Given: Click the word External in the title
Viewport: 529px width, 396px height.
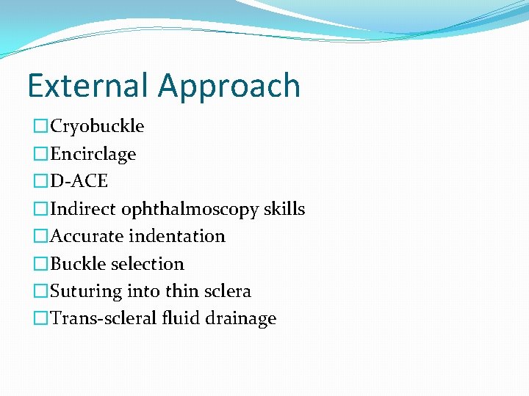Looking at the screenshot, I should pyautogui.click(x=89, y=86).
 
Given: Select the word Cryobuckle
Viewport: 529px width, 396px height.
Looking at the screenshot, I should pyautogui.click(x=97, y=126).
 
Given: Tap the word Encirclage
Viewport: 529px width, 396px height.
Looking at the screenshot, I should pyautogui.click(x=93, y=154).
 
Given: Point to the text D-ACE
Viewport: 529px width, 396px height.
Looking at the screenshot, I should pyautogui.click(x=79, y=181).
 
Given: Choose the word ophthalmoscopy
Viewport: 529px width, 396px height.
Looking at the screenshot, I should pyautogui.click(x=191, y=210).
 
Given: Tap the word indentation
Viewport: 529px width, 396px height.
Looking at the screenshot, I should pyautogui.click(x=182, y=236).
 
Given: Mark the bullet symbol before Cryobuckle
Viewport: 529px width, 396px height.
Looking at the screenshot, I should pyautogui.click(x=41, y=127).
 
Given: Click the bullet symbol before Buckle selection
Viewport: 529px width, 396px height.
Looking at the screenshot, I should pyautogui.click(x=41, y=264).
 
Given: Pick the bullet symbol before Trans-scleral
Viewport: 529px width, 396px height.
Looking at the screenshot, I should pyautogui.click(x=41, y=319).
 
